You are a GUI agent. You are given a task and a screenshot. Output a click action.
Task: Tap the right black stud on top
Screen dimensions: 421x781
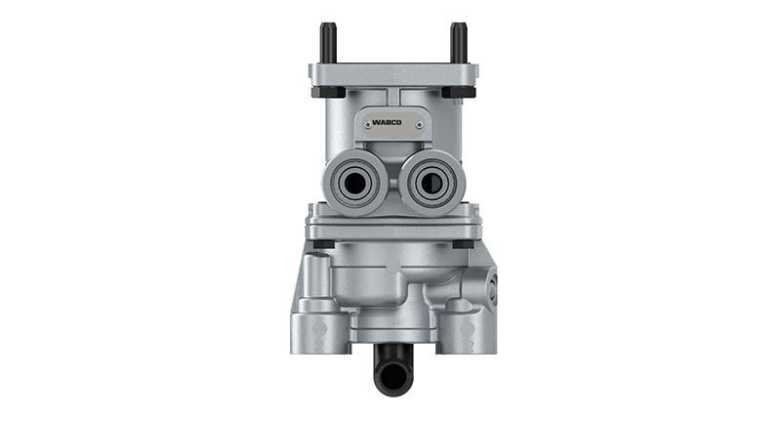(x=457, y=43)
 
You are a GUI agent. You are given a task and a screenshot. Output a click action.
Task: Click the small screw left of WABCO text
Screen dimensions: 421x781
(x=364, y=124)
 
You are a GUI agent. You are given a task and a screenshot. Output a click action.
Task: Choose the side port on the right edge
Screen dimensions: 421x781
(x=493, y=288)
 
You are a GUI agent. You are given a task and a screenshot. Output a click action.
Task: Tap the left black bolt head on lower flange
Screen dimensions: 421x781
(x=321, y=243)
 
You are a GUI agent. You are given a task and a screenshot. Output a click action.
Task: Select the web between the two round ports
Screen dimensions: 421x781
(x=390, y=181)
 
